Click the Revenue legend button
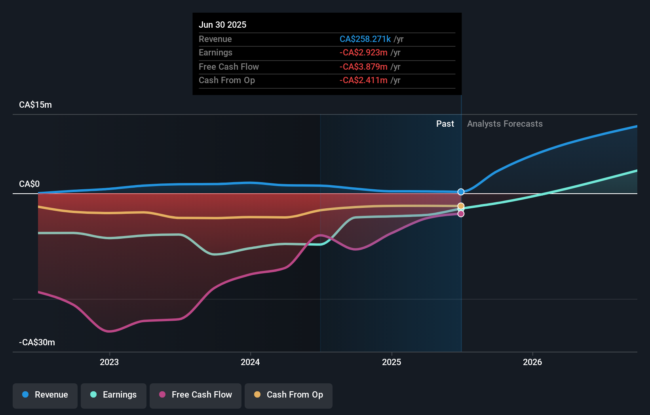click(x=45, y=395)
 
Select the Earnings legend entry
click(x=114, y=395)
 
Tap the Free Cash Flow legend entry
click(x=196, y=395)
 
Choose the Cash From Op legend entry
click(x=289, y=395)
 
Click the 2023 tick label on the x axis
click(x=109, y=362)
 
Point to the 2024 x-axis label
click(x=250, y=362)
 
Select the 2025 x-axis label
click(x=392, y=362)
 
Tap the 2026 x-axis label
click(x=532, y=362)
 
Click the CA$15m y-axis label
click(x=35, y=105)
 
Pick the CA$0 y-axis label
click(x=29, y=184)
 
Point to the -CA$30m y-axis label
click(x=37, y=343)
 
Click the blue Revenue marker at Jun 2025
click(x=461, y=192)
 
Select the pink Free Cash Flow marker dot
click(x=461, y=214)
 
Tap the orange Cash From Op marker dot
click(x=461, y=206)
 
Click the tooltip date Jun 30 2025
click(x=222, y=25)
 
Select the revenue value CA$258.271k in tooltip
click(x=365, y=39)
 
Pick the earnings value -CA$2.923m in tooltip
click(x=363, y=53)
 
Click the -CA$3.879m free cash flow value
click(x=363, y=67)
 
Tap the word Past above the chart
click(x=445, y=124)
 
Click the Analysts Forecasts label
click(x=505, y=124)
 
